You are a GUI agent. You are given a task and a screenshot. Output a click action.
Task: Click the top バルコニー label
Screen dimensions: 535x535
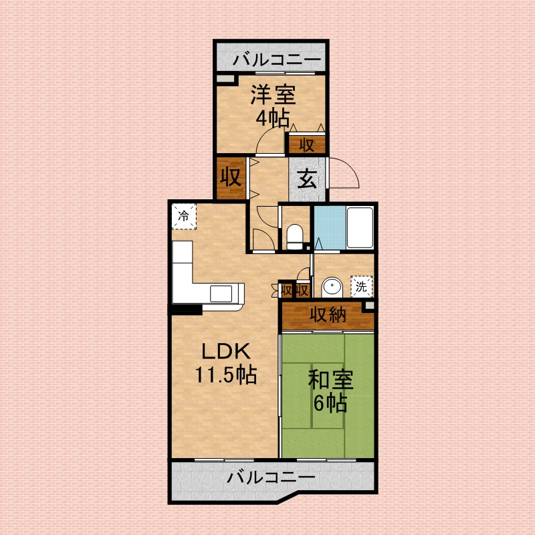click(277, 60)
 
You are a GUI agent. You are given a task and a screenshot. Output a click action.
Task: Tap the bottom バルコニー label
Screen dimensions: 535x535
click(272, 477)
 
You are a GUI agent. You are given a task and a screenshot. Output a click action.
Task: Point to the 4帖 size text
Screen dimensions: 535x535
click(273, 118)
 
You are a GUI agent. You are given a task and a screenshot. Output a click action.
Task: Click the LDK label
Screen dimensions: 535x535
click(226, 352)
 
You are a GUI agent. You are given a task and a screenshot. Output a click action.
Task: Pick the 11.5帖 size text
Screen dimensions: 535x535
click(226, 374)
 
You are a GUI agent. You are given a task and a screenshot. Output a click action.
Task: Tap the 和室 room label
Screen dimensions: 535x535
click(330, 379)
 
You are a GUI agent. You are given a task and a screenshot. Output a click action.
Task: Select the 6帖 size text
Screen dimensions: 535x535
click(330, 403)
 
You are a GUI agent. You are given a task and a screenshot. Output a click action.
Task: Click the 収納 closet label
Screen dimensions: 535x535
click(328, 314)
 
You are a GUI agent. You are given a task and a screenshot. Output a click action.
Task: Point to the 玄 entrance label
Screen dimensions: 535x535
click(307, 179)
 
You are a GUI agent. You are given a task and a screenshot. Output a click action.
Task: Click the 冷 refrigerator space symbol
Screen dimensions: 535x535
click(185, 216)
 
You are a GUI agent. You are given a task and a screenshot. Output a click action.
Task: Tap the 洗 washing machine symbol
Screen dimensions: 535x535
click(361, 287)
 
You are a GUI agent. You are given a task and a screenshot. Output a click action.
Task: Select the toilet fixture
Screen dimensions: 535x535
click(294, 237)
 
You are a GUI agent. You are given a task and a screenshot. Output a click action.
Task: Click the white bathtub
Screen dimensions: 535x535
click(360, 227)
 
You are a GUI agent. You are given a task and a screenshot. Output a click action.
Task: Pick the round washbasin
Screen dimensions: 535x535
click(332, 288)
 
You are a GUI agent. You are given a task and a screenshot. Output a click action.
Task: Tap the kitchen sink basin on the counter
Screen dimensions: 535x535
click(221, 294)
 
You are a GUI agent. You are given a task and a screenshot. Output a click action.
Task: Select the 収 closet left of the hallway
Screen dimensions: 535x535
click(231, 178)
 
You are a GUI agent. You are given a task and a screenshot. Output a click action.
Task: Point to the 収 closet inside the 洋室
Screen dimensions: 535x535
click(307, 144)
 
